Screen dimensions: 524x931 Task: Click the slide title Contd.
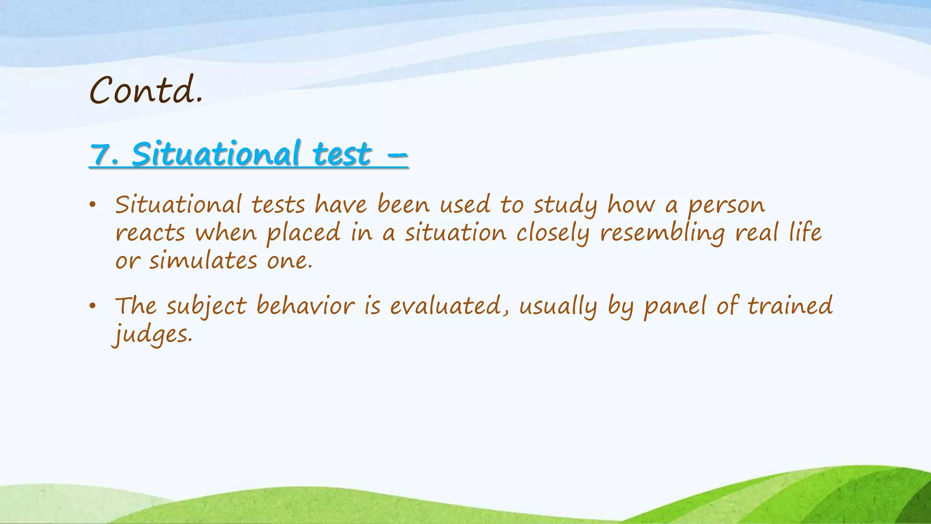(146, 90)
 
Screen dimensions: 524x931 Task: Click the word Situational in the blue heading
(216, 154)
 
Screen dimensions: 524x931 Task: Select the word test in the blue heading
(342, 155)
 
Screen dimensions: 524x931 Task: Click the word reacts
(150, 233)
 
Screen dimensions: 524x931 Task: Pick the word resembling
(662, 233)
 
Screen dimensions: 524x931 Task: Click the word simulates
(203, 261)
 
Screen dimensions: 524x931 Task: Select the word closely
(553, 233)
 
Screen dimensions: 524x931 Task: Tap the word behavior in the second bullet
(305, 306)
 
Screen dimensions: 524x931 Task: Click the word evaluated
(445, 306)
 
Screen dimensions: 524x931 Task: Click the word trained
(790, 306)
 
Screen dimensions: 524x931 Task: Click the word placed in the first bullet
(303, 233)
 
